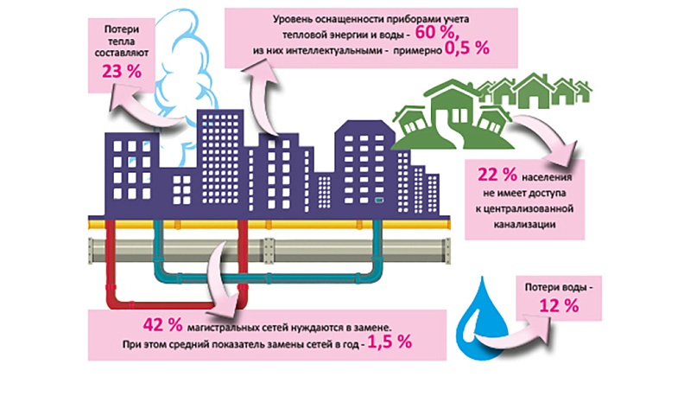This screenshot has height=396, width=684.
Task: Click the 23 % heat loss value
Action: point(120,72)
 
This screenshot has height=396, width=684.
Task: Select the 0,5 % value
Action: point(467,51)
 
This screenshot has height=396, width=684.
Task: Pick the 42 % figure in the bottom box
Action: point(163,324)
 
